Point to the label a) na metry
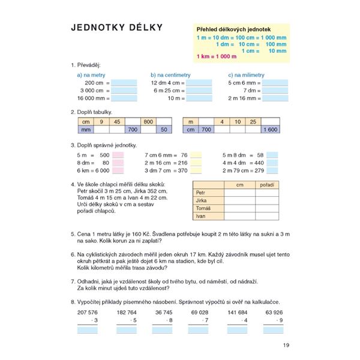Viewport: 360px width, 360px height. pyautogui.click(x=91, y=75)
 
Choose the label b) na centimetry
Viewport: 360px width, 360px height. pyautogui.click(x=170, y=75)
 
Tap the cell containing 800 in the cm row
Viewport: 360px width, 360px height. pyautogui.click(x=148, y=122)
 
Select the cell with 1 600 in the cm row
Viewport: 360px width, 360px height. pyautogui.click(x=269, y=129)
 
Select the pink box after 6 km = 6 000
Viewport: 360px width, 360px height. pyautogui.click(x=118, y=170)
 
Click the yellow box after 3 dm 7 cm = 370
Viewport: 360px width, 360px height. pyautogui.click(x=196, y=170)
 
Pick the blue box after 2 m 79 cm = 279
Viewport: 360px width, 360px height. pyautogui.click(x=272, y=170)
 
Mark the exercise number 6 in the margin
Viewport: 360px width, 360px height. pyautogui.click(x=72, y=254)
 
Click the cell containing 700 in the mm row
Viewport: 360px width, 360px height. pyautogui.click(x=132, y=129)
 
